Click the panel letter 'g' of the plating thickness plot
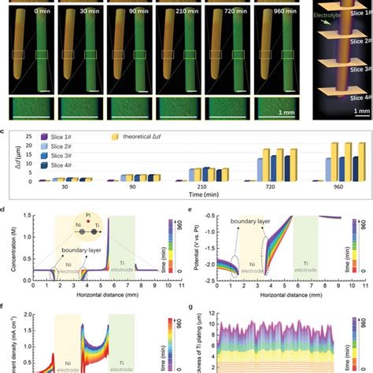click(x=193, y=309)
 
